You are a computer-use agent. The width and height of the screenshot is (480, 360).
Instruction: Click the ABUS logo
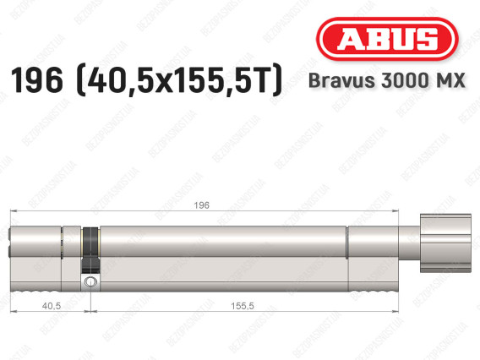(387, 39)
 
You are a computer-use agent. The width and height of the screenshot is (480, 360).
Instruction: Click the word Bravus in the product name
(342, 80)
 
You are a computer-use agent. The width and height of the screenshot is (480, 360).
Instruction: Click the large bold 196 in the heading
(36, 80)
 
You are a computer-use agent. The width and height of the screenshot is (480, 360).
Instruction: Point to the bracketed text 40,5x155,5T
(179, 80)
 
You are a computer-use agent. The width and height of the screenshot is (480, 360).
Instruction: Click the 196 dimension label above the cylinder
(201, 205)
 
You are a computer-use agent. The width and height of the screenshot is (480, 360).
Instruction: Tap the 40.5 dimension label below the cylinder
(52, 306)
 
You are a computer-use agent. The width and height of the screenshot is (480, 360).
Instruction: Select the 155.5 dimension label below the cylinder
(243, 306)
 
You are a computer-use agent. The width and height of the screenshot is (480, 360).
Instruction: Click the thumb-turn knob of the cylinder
(445, 243)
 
